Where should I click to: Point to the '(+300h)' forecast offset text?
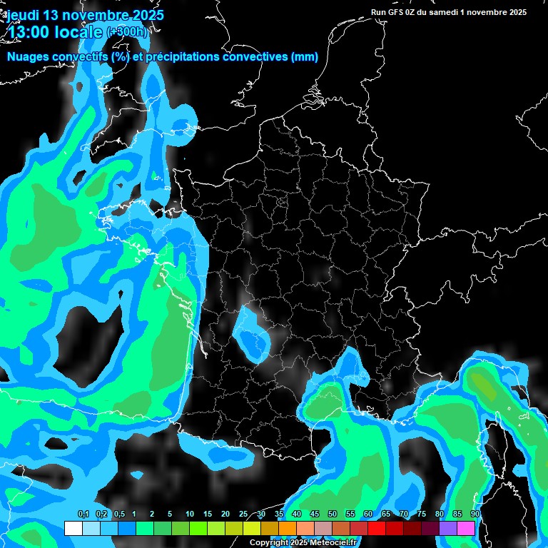point(126,31)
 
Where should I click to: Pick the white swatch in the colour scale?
point(73,528)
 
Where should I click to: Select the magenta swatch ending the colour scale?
point(466,528)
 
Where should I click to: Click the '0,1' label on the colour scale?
point(83,514)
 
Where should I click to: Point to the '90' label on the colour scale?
point(475,514)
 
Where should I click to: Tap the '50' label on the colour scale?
point(333,514)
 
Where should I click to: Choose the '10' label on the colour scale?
point(190,514)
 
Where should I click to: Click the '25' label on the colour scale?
point(243,514)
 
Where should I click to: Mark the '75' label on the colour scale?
point(422,514)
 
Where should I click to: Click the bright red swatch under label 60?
point(377,528)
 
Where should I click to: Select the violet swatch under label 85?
point(448,528)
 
